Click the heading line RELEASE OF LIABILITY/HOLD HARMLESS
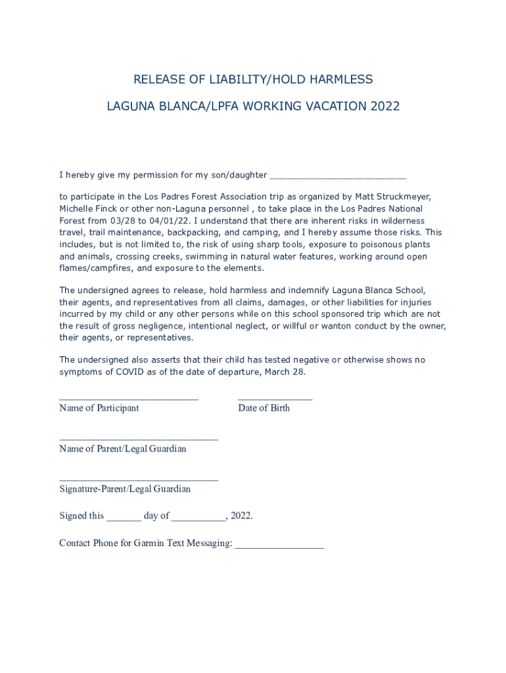253,80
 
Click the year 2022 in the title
384,106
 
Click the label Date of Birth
264,408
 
